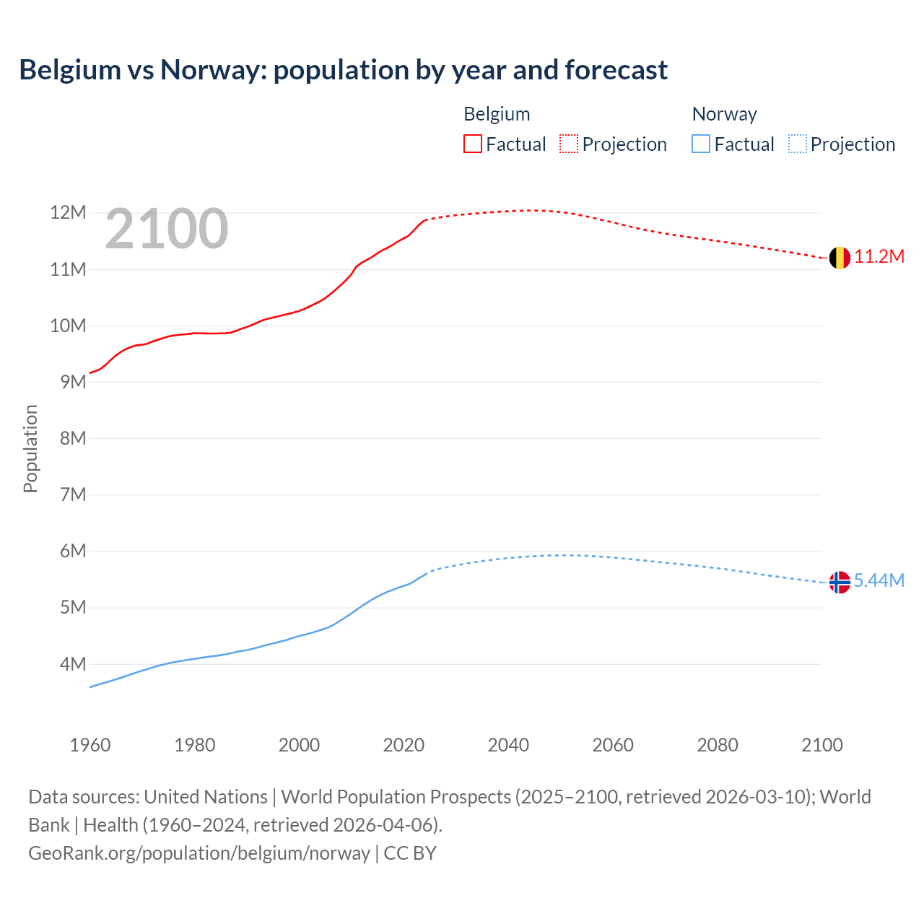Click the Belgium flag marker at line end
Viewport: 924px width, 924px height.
839,258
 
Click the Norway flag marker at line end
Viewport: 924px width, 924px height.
839,582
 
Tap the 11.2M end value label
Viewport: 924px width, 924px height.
879,257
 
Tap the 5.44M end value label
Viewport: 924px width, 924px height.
879,581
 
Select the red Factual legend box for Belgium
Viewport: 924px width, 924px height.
472,144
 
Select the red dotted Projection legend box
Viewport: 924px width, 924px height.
569,144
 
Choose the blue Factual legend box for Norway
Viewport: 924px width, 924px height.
700,144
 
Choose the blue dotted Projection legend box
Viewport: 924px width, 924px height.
797,144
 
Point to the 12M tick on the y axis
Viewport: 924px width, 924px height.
68,213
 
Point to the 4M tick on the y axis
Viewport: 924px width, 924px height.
72,664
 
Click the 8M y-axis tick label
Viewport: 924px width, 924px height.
72,439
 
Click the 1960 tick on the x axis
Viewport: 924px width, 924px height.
90,745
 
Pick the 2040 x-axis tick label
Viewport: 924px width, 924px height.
508,745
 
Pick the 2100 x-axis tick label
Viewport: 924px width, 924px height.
821,745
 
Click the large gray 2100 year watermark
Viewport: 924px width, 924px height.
167,230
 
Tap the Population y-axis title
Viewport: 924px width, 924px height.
30,448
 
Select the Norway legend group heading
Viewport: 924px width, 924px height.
724,114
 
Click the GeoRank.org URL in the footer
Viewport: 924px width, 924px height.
199,853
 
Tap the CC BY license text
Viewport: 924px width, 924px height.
410,853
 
